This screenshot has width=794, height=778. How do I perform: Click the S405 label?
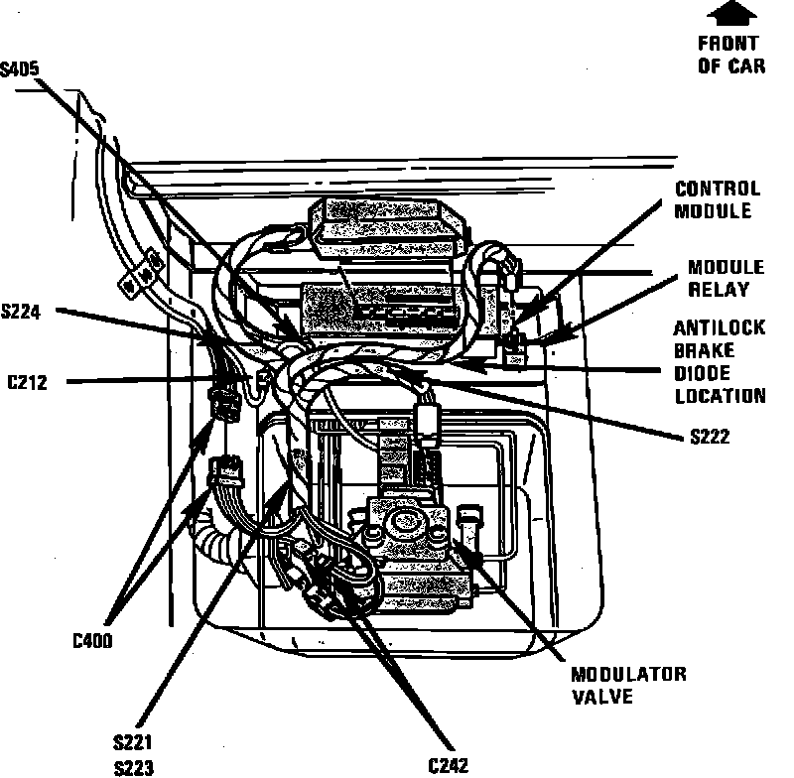pyautogui.click(x=21, y=68)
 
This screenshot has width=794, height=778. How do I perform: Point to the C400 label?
pyautogui.click(x=92, y=641)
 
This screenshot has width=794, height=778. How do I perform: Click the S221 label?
pyautogui.click(x=134, y=743)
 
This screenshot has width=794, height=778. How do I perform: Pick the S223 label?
pyautogui.click(x=134, y=767)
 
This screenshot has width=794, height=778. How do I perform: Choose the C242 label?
pyautogui.click(x=450, y=765)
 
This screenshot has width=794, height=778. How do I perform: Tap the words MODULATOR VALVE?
pyautogui.click(x=627, y=685)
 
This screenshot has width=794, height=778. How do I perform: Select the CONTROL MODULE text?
pyautogui.click(x=717, y=198)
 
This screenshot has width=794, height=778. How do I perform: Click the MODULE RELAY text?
pyautogui.click(x=726, y=279)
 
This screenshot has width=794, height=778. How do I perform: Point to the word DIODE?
pyautogui.click(x=706, y=373)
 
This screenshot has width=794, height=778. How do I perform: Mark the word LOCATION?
pyautogui.click(x=721, y=396)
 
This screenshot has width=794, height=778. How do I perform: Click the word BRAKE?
pyautogui.click(x=704, y=351)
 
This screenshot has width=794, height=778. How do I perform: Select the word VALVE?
pyautogui.click(x=601, y=696)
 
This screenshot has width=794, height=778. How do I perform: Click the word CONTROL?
pyautogui.click(x=718, y=188)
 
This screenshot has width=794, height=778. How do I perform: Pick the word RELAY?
pyautogui.click(x=719, y=290)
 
